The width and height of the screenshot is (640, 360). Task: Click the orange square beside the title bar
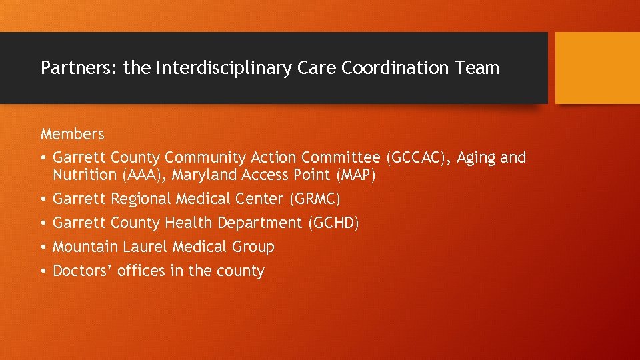(597, 68)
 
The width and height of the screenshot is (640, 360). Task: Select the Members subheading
(72, 134)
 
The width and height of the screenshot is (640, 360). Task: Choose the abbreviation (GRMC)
(315, 199)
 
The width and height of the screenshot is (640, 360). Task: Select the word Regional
(139, 199)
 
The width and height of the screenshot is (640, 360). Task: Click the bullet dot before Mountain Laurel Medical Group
(43, 247)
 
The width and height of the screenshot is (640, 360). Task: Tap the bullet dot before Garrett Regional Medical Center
(43, 199)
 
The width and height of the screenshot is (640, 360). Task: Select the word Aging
(476, 158)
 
